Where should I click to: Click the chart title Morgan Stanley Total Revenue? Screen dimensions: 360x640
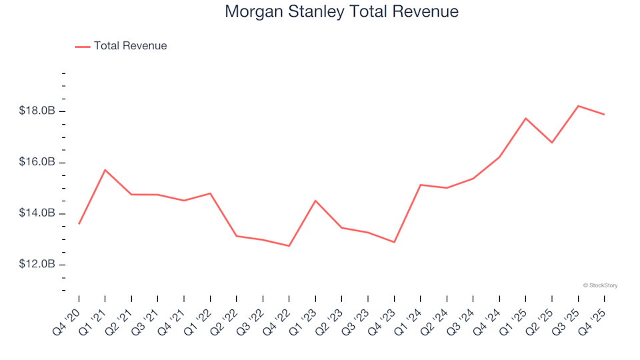[341, 11]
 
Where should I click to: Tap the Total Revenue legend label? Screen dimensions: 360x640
[130, 46]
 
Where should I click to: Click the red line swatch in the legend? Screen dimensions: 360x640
[82, 46]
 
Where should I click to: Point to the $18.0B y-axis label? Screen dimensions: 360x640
[36, 111]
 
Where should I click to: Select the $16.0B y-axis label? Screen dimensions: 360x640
[36, 163]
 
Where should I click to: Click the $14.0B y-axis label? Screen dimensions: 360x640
[36, 213]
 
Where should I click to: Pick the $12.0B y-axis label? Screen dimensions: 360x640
[36, 265]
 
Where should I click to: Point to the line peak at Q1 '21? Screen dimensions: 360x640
[105, 170]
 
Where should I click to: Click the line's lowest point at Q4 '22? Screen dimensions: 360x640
[289, 246]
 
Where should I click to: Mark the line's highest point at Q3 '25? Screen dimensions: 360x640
[578, 106]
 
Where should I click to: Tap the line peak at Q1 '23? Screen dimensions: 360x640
[315, 201]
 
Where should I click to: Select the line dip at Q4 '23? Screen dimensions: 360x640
[394, 242]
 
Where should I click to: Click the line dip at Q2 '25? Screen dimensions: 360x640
[551, 143]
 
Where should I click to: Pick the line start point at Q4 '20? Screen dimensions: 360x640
[79, 223]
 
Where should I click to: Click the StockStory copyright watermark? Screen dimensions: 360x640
[600, 285]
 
